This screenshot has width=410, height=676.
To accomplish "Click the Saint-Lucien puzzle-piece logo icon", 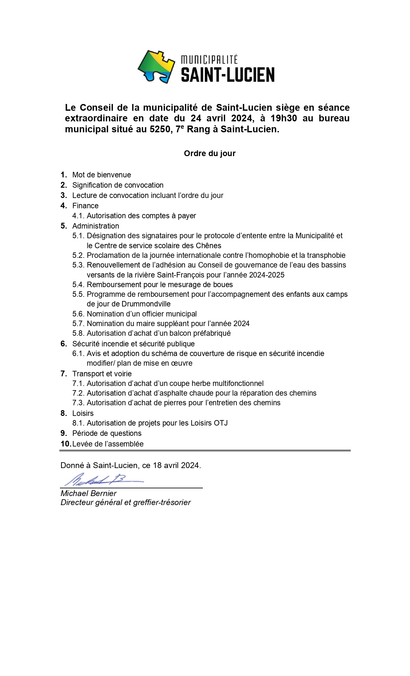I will [156, 67].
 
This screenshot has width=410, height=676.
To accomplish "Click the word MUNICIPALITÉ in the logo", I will [209, 60].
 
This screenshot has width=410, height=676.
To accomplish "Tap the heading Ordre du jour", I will [210, 154].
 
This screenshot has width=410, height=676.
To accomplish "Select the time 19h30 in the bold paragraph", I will [284, 118].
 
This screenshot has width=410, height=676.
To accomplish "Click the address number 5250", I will [160, 129].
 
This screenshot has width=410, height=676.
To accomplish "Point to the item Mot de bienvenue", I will [102, 175].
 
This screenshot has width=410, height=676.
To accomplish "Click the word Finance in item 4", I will [86, 206].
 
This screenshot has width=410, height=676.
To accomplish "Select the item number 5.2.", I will [78, 255].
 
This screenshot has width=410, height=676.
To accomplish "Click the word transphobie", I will [326, 255].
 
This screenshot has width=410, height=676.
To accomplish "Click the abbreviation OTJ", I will [221, 423].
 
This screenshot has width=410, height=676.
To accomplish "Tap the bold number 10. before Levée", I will [66, 444].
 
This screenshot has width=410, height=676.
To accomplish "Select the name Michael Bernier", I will [88, 493].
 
